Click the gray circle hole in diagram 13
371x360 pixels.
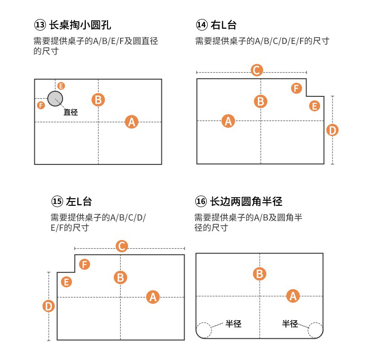[x=55, y=98]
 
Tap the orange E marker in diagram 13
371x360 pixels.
[x=61, y=86]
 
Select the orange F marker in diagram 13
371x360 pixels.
[x=41, y=105]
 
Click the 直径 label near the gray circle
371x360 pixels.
[x=71, y=112]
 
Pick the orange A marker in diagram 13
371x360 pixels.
[x=132, y=122]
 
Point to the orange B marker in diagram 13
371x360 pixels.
[x=98, y=100]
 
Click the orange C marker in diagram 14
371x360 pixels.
[x=256, y=70]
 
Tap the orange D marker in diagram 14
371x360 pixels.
[x=333, y=130]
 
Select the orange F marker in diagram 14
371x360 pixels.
[x=297, y=88]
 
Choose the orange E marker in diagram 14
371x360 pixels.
[x=315, y=106]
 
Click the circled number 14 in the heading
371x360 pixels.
[x=202, y=25]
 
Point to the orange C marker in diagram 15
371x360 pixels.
[x=122, y=246]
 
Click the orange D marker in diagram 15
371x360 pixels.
[x=49, y=306]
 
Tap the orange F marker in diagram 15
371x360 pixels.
[x=84, y=264]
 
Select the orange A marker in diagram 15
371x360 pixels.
[x=153, y=297]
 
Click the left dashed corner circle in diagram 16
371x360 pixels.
[x=204, y=330]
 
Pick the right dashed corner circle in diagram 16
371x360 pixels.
[x=315, y=330]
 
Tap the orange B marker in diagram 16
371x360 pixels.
[x=260, y=274]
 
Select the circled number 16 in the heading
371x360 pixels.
[x=201, y=202]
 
